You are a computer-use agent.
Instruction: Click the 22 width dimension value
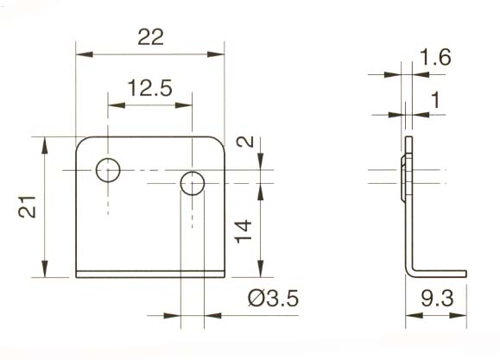click(150, 37)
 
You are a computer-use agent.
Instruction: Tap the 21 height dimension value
click(29, 207)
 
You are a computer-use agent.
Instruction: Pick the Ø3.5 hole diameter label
click(272, 300)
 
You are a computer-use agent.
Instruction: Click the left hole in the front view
click(109, 171)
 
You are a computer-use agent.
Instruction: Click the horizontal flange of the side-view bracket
click(440, 274)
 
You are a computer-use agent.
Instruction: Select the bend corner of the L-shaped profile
click(408, 273)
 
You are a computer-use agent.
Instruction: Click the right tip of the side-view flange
click(465, 274)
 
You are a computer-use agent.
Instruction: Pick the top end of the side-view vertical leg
click(409, 138)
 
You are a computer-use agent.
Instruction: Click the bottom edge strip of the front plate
click(150, 275)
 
